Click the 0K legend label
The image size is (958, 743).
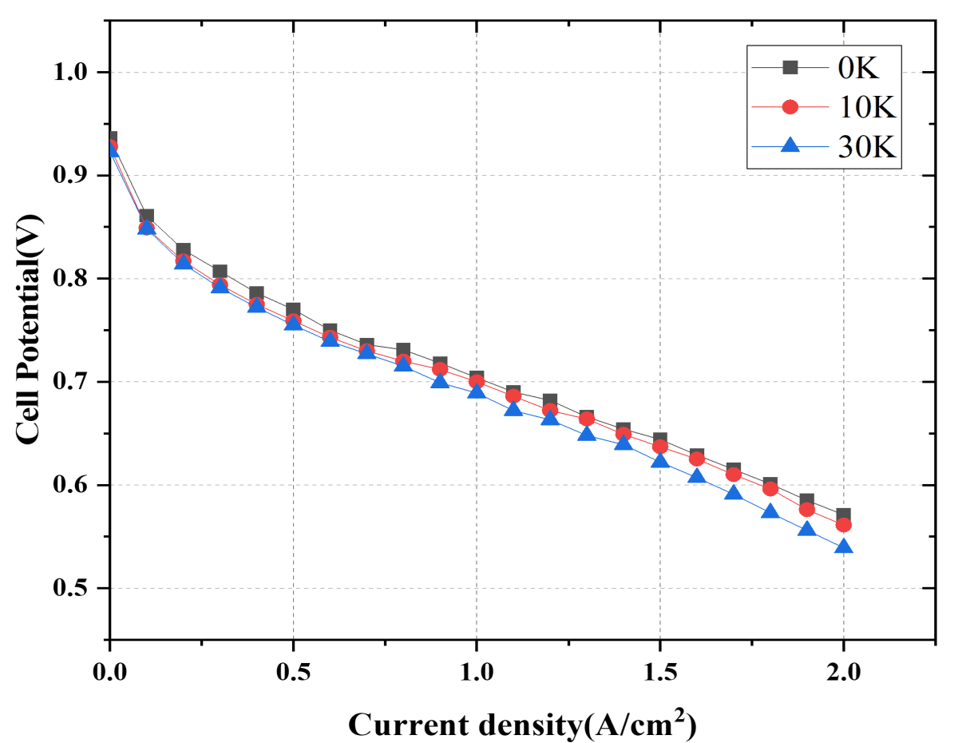[x=858, y=69]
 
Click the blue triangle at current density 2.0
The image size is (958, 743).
[x=843, y=547]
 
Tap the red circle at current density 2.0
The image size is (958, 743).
[x=843, y=526]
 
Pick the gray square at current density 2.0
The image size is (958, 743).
[x=845, y=514]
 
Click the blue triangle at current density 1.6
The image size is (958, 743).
[x=696, y=477]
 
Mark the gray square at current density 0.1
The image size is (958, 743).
[x=147, y=217]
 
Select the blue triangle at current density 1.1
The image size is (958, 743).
[x=513, y=410]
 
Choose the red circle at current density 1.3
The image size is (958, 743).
[x=587, y=419]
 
